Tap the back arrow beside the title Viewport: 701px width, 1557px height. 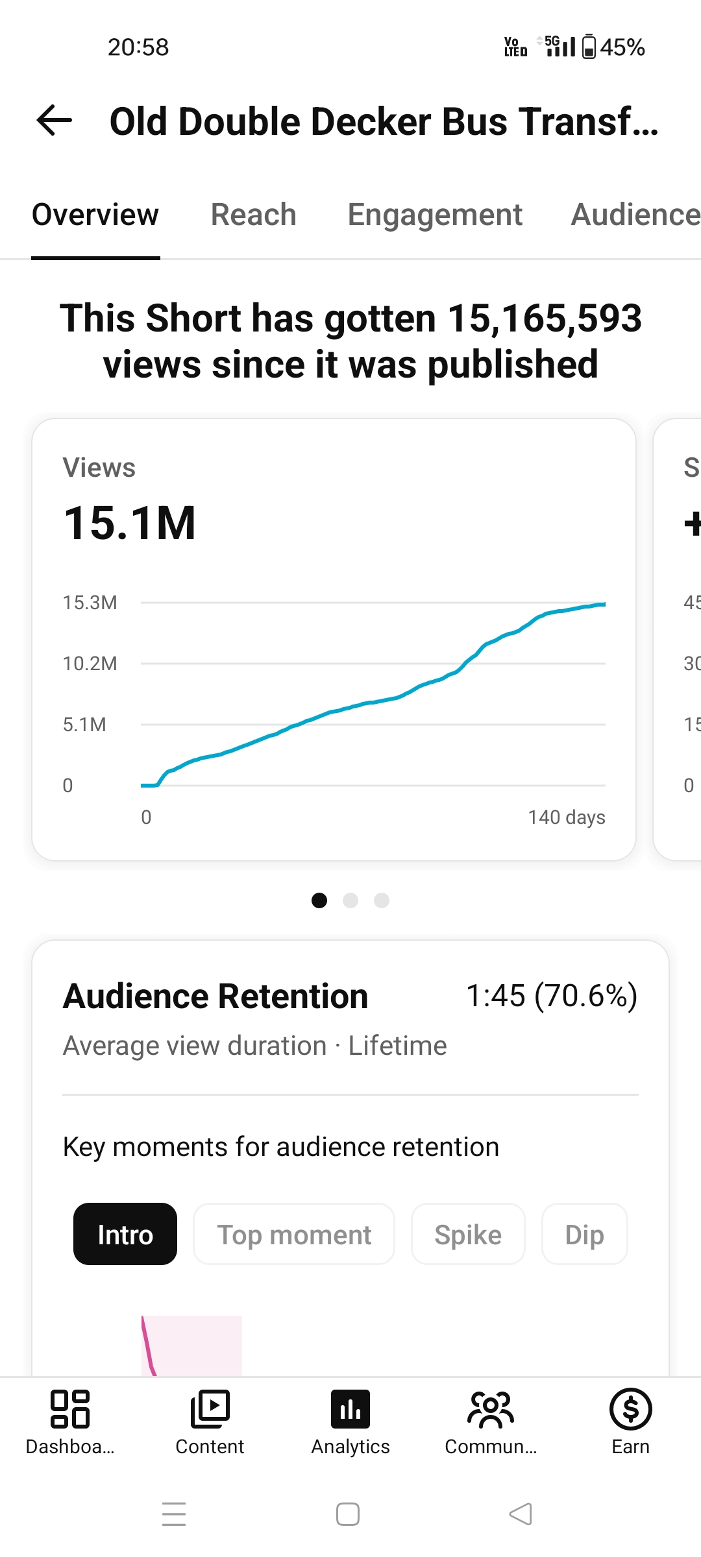tap(55, 121)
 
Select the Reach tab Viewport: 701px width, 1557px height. tap(254, 215)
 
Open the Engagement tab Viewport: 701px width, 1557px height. tap(435, 215)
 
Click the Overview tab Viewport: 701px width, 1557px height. tap(95, 215)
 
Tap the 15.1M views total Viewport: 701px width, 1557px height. tap(130, 523)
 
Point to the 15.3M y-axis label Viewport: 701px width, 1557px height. tap(90, 603)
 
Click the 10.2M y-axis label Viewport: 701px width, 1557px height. tap(90, 664)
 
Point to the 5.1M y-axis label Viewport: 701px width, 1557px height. tap(84, 725)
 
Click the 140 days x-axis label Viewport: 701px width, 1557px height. tap(567, 817)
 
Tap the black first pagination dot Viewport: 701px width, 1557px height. tap(319, 900)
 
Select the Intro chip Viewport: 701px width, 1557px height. tap(125, 1234)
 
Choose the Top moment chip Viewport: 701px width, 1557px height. tap(294, 1234)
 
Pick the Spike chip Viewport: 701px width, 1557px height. tap(468, 1234)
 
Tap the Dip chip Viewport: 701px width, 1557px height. tap(585, 1234)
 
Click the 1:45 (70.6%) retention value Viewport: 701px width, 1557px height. tap(552, 996)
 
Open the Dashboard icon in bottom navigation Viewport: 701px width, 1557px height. tap(70, 1409)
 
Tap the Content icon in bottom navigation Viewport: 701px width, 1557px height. tap(210, 1409)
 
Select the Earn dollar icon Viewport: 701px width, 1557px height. tap(631, 1409)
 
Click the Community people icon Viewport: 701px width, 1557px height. tap(491, 1410)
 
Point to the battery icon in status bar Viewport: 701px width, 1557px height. tap(589, 47)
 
